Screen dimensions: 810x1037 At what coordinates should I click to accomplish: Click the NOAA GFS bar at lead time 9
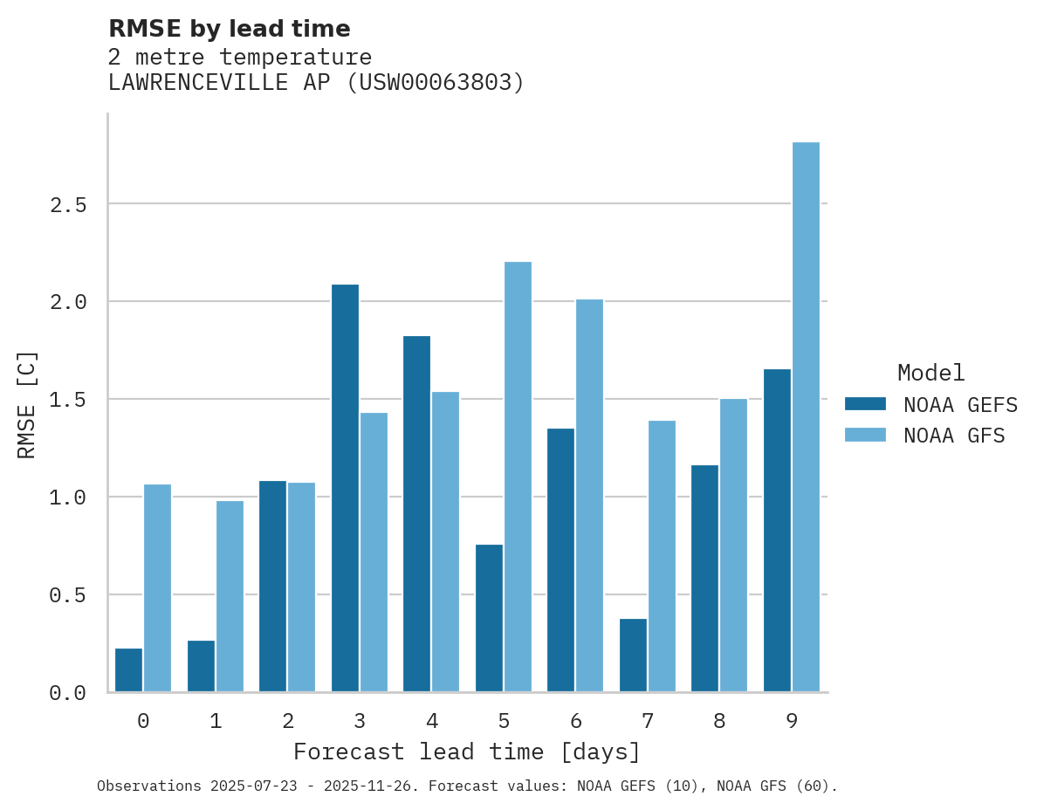tap(806, 417)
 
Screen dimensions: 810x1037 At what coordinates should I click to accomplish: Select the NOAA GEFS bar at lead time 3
tap(345, 488)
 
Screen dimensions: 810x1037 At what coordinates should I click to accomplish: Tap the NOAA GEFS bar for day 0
tap(129, 669)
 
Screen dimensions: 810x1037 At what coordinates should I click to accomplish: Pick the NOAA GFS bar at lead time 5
tap(518, 477)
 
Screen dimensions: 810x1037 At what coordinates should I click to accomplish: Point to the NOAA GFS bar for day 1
tap(230, 596)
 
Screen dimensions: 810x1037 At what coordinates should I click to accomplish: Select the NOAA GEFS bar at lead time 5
tap(489, 618)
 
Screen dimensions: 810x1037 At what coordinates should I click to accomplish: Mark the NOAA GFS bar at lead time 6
tap(589, 495)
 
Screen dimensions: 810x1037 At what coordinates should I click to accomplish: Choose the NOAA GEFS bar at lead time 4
tap(416, 513)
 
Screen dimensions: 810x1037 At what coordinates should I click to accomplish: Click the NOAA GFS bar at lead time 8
tap(733, 545)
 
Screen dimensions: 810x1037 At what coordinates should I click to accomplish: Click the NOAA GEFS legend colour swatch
tap(865, 404)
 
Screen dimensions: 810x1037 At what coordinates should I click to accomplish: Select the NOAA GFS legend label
tap(954, 436)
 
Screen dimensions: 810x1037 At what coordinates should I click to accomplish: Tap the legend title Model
tap(931, 373)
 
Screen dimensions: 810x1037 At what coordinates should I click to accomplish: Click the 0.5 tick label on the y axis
tap(67, 595)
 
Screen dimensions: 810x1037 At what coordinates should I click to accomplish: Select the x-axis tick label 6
tap(575, 721)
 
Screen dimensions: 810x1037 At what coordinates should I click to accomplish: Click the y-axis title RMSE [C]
tap(27, 404)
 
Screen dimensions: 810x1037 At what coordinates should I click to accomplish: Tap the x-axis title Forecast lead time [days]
tap(467, 752)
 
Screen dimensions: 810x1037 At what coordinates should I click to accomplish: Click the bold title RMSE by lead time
tap(229, 29)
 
